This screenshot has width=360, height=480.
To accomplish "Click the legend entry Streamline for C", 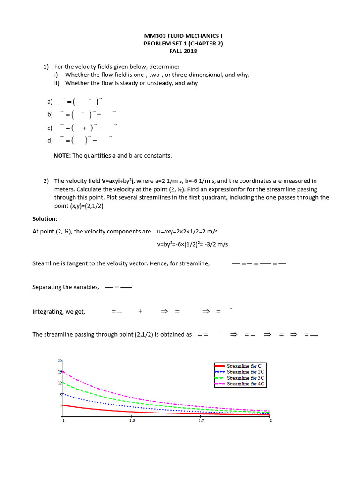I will click(x=244, y=366).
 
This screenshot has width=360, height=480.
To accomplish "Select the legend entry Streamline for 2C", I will click(x=246, y=372).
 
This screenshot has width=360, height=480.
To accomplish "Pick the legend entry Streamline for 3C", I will click(x=246, y=378).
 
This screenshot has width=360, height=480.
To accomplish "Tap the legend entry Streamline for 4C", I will click(x=246, y=384).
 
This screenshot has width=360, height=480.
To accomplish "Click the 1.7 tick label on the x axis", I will click(x=201, y=420).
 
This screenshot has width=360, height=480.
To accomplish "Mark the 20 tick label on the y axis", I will click(x=60, y=360).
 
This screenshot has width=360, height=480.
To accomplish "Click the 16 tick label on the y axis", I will click(x=60, y=372).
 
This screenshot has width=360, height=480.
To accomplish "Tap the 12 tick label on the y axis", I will click(x=60, y=383).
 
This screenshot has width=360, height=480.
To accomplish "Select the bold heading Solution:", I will click(x=45, y=219).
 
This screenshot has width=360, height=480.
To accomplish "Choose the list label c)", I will click(x=50, y=127).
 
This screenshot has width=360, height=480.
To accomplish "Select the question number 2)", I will click(x=46, y=181).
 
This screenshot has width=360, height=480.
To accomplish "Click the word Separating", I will click(x=48, y=287).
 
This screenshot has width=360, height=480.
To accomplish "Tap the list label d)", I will click(x=50, y=140).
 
